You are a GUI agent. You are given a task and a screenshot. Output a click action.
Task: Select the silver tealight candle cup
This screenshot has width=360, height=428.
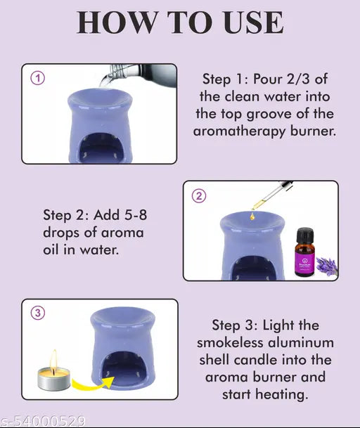tap(53, 383)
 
